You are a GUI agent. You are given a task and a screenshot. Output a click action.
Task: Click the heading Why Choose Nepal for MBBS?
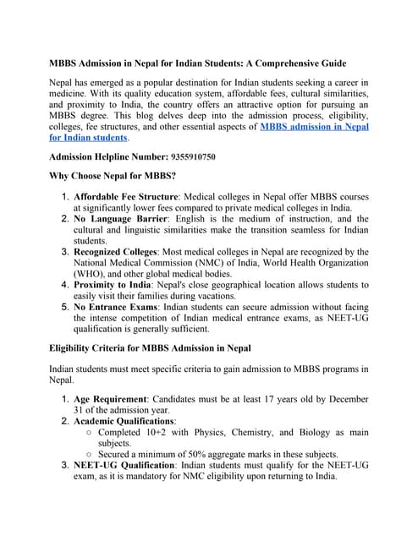click(113, 176)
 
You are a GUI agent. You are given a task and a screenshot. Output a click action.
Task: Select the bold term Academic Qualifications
click(124, 420)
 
